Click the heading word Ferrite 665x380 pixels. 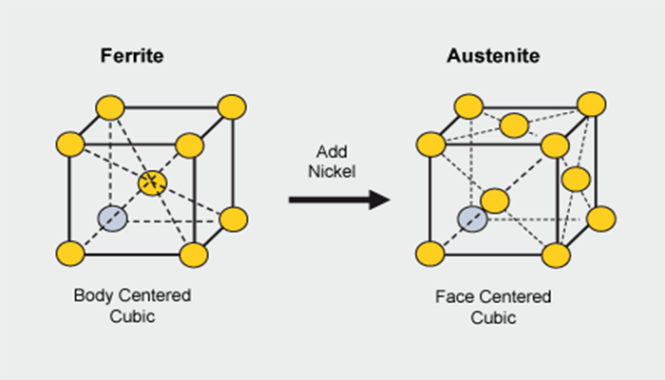(x=133, y=55)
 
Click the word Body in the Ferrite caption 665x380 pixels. (x=92, y=295)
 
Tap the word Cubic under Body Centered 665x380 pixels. (x=133, y=316)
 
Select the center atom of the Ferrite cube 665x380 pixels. (x=152, y=182)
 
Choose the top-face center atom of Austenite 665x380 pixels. (x=514, y=124)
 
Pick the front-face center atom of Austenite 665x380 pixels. (x=493, y=200)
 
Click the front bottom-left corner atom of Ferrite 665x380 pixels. (x=70, y=254)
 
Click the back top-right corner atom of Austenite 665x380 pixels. (x=591, y=104)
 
